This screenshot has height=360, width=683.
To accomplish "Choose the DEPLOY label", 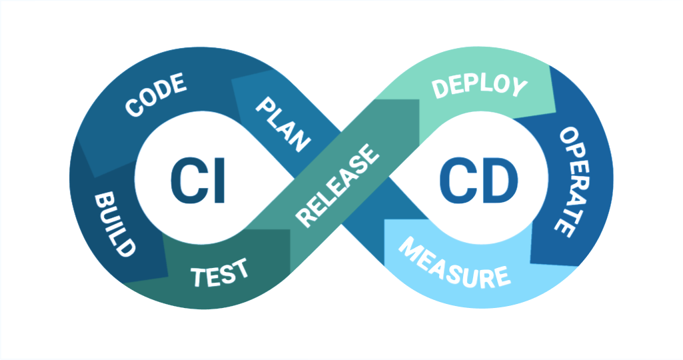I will pos(479,87).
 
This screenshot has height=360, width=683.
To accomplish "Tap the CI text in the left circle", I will pos(197,181).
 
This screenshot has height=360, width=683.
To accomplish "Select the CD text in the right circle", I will pos(478,181).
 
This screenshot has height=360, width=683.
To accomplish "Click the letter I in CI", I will pos(218,181).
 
